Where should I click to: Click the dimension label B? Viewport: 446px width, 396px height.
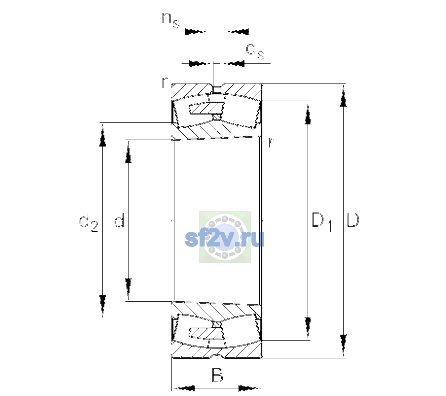point(217,375)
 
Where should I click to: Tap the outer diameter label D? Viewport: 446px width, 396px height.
point(353,220)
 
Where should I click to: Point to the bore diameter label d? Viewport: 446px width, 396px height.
point(119,220)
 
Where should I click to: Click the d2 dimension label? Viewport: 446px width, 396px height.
point(88,222)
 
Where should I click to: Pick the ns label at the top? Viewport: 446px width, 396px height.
point(171,20)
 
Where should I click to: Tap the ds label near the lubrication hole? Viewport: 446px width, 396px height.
point(255,51)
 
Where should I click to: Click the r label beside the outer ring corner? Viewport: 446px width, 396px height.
point(165,82)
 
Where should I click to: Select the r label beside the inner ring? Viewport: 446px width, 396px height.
point(271,142)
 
